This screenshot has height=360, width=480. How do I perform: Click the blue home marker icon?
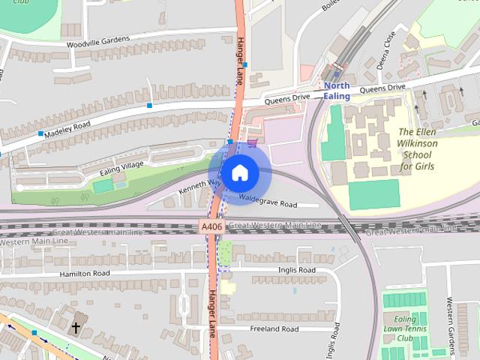(239, 172)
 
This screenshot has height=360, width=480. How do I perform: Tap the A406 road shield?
(211, 226)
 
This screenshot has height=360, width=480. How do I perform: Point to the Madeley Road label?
(67, 128)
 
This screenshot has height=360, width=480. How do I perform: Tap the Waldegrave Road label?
(268, 201)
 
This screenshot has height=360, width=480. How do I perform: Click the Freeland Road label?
(271, 328)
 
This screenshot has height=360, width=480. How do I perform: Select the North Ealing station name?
(337, 91)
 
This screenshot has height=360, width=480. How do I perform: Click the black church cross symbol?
(76, 328)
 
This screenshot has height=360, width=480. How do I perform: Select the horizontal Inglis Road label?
(296, 270)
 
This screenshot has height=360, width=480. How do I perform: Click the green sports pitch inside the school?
(373, 194)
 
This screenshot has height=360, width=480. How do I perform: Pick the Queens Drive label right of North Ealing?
(382, 88)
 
